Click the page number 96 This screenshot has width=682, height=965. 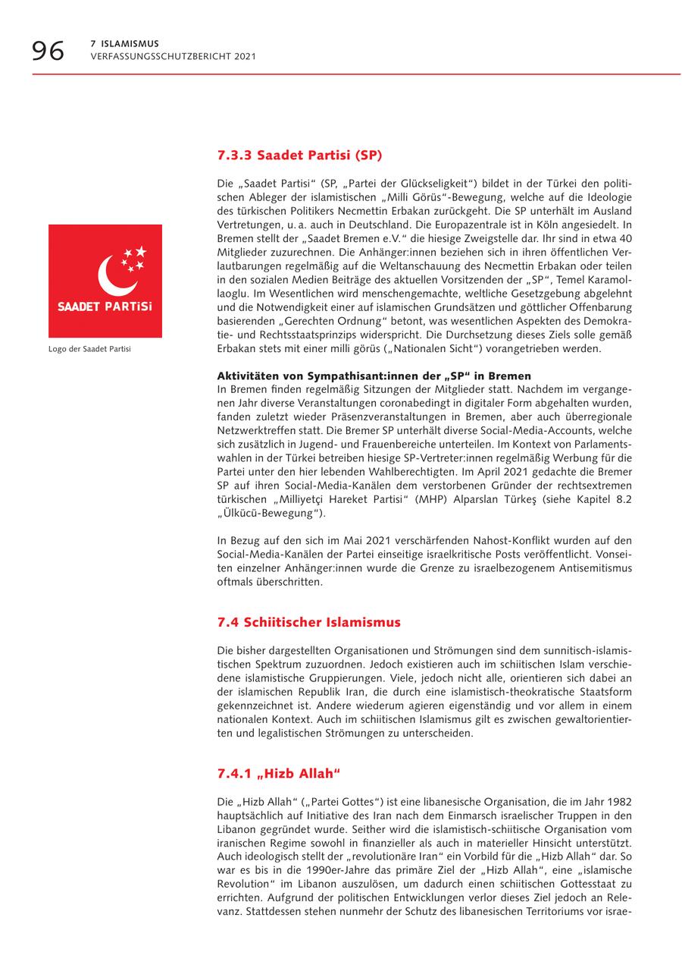(48, 51)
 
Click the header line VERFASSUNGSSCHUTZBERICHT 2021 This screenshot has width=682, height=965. (173, 56)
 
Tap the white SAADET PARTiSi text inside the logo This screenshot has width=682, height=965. (105, 307)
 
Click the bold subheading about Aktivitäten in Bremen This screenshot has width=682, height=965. (374, 376)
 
